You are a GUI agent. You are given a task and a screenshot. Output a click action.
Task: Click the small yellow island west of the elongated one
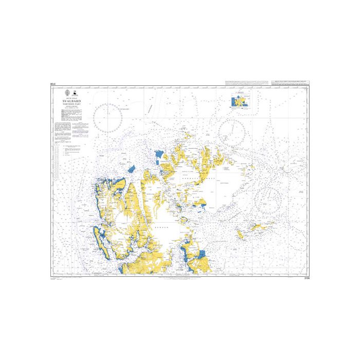(x=240, y=235)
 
